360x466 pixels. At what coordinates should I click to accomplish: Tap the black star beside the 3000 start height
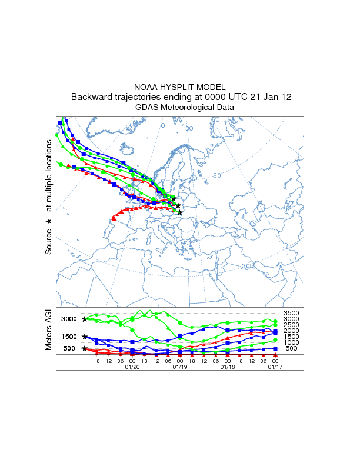(x=85, y=319)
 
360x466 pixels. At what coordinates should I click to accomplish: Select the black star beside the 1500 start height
(x=85, y=337)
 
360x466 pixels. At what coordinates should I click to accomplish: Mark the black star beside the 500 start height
(x=85, y=348)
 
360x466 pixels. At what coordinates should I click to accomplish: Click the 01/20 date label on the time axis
(x=132, y=367)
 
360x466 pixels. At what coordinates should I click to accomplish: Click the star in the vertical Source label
(x=49, y=221)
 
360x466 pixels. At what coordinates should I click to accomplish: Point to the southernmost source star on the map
(x=180, y=212)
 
